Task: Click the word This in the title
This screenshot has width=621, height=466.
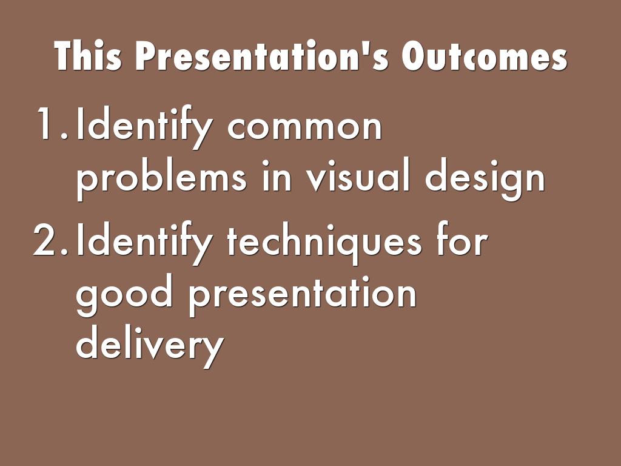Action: tap(88, 56)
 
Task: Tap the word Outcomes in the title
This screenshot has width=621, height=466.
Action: tap(485, 56)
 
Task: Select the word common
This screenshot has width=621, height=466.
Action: tap(304, 127)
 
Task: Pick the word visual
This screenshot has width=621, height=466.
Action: tap(358, 174)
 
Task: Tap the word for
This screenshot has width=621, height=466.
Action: tap(462, 239)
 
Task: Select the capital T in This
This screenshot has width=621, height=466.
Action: tap(65, 56)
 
